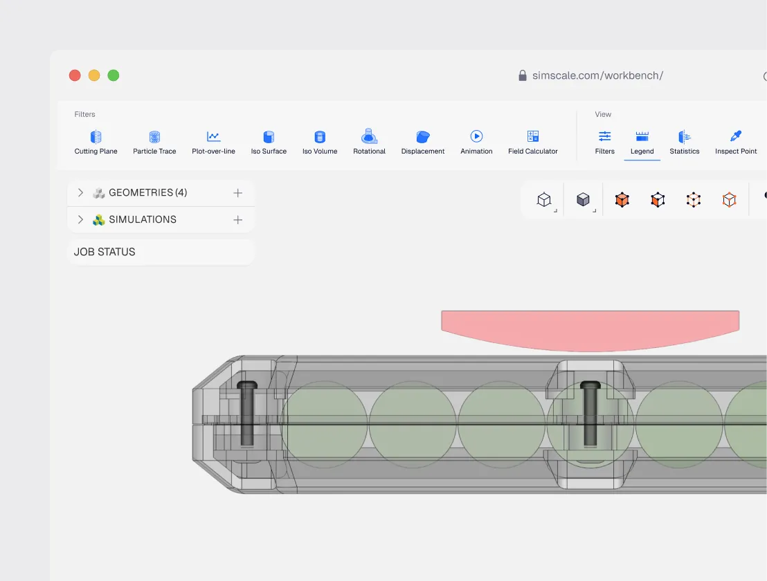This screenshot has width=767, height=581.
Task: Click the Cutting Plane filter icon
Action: pyautogui.click(x=96, y=137)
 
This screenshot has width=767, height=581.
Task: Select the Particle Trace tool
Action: pyautogui.click(x=154, y=137)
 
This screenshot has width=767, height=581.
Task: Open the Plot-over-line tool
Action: pyautogui.click(x=213, y=136)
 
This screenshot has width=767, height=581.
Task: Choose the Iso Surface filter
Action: pyautogui.click(x=269, y=137)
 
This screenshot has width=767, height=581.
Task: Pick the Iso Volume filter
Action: pyautogui.click(x=320, y=137)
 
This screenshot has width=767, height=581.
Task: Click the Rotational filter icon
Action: pyautogui.click(x=370, y=136)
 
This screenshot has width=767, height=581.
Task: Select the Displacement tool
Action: pyautogui.click(x=423, y=137)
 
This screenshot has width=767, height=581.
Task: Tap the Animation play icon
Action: pyautogui.click(x=476, y=136)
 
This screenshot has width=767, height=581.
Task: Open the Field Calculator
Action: pyautogui.click(x=533, y=136)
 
